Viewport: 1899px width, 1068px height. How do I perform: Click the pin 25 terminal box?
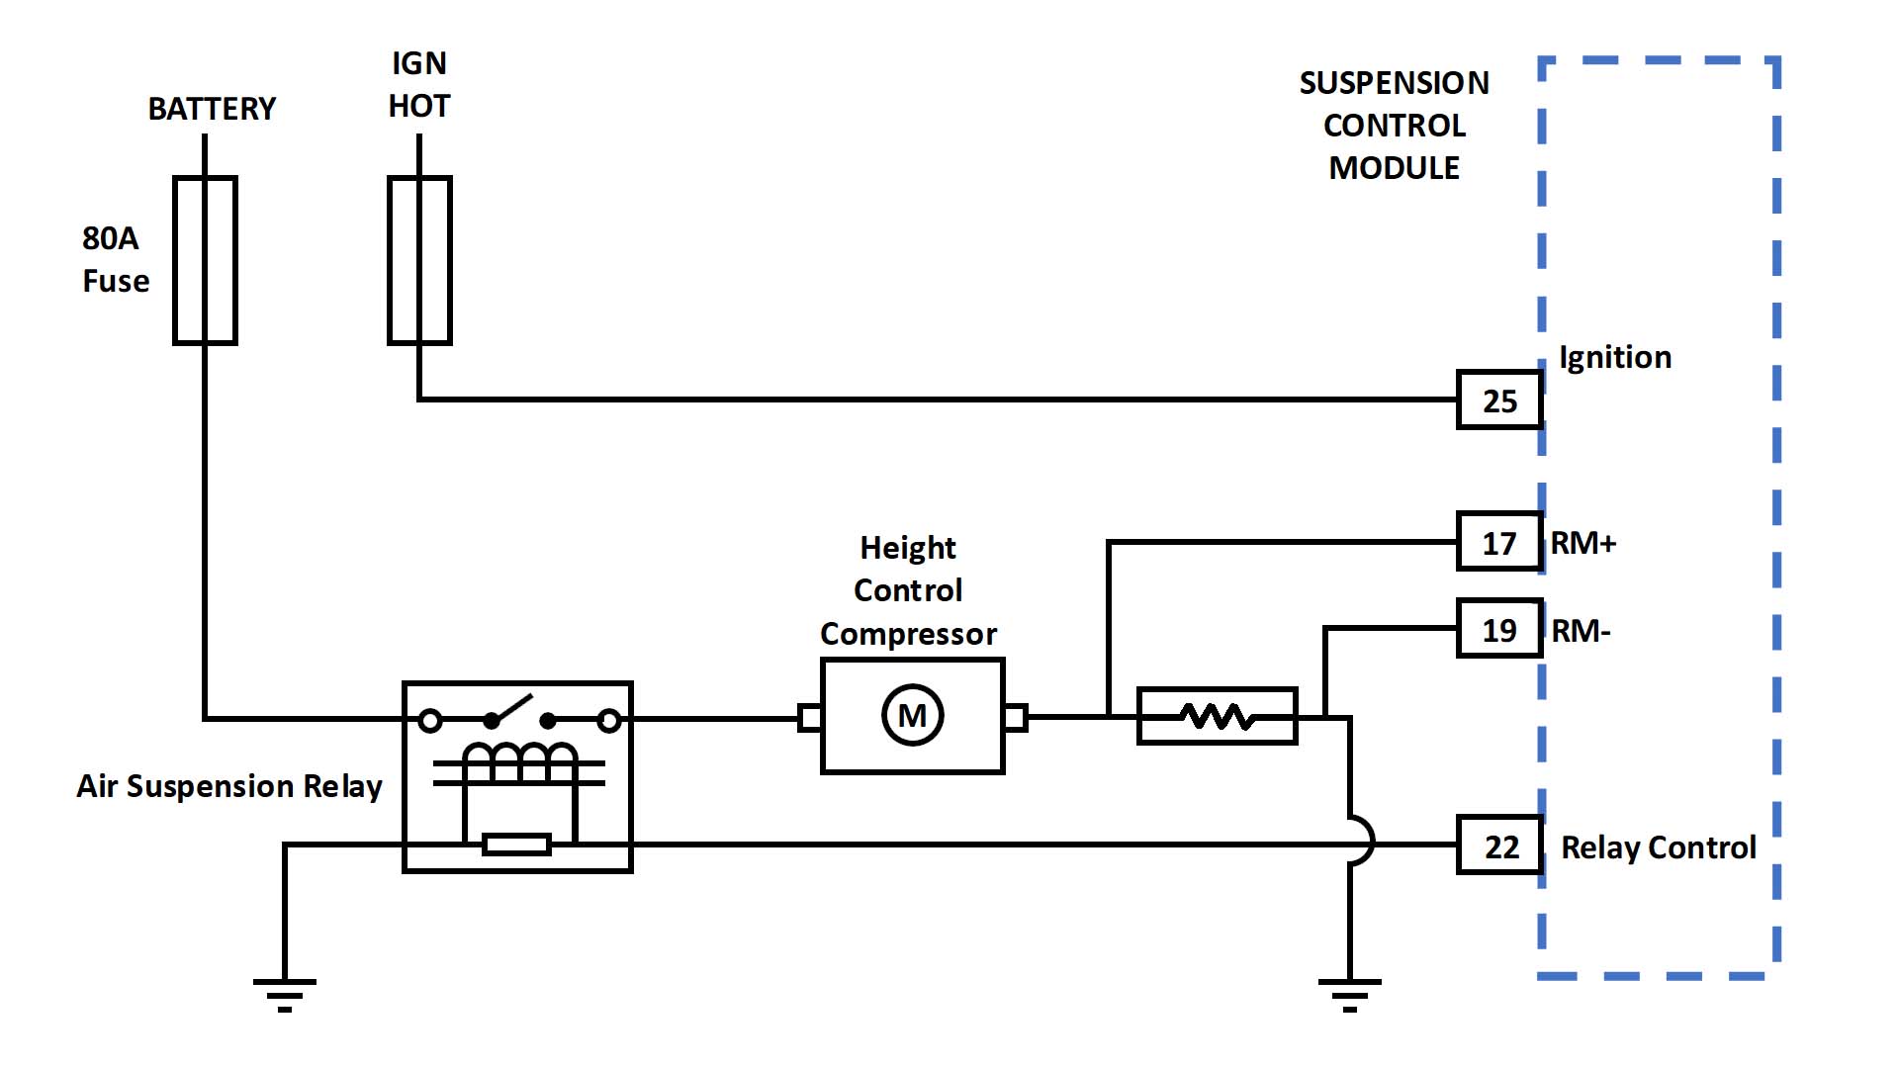[1499, 400]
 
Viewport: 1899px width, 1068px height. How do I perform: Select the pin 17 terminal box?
[1499, 542]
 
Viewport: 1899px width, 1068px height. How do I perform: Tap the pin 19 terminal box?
[1499, 629]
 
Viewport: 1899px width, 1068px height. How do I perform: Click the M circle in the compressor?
[912, 715]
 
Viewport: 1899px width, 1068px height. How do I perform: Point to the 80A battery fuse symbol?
[205, 260]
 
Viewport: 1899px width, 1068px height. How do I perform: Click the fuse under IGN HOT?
[419, 260]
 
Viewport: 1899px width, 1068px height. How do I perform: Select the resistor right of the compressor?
[1217, 715]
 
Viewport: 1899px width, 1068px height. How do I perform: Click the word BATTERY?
[212, 109]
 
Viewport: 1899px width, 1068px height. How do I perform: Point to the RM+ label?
[1582, 543]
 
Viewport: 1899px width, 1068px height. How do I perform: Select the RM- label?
[1581, 631]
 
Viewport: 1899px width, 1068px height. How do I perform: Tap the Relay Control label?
[1658, 847]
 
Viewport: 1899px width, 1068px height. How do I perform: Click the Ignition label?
[1615, 357]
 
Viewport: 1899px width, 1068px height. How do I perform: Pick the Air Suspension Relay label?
[229, 786]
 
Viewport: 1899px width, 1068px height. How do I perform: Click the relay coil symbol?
[519, 762]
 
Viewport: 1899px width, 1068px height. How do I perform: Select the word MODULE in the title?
[1394, 168]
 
